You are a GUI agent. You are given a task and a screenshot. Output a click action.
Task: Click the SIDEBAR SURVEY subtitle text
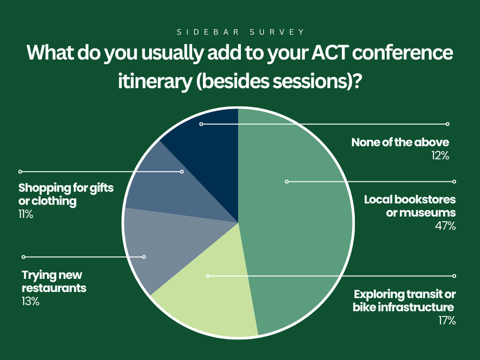point(240,32)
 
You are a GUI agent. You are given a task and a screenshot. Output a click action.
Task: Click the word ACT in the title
point(330,52)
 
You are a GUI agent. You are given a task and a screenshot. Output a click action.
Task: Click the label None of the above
point(400,142)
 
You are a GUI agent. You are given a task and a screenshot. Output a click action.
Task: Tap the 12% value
point(440,156)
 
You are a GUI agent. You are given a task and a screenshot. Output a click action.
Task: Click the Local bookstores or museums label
point(410,206)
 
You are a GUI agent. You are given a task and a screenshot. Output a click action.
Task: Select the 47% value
point(445,226)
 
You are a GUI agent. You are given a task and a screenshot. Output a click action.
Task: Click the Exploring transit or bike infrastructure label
point(404,300)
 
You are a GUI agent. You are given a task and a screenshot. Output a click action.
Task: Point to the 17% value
point(447,321)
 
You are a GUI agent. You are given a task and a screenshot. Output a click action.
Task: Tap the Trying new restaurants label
point(54,282)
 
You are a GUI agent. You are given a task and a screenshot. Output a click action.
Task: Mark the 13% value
point(30,301)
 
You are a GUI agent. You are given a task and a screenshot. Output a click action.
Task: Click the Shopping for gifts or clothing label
point(66,195)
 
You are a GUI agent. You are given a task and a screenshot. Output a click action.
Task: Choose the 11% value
point(26,214)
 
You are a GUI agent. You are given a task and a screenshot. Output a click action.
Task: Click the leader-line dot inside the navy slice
point(201,124)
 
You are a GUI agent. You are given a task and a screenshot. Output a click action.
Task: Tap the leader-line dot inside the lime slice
point(208,276)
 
